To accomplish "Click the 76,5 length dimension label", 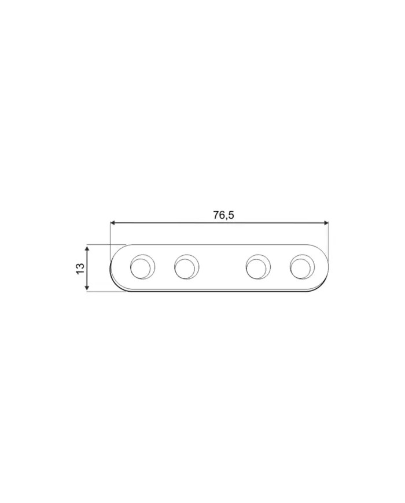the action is coord(223,215).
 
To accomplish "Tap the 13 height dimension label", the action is coord(80,268).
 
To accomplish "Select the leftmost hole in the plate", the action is coord(142,267).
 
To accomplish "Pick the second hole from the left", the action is coord(187,267).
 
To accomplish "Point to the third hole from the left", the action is coord(258,267).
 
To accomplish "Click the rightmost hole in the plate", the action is coord(302,267).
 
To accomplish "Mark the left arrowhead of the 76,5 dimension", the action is coord(112,223).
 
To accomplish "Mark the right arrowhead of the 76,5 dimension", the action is coord(326,223).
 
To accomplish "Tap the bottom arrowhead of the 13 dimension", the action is coord(87,288).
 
